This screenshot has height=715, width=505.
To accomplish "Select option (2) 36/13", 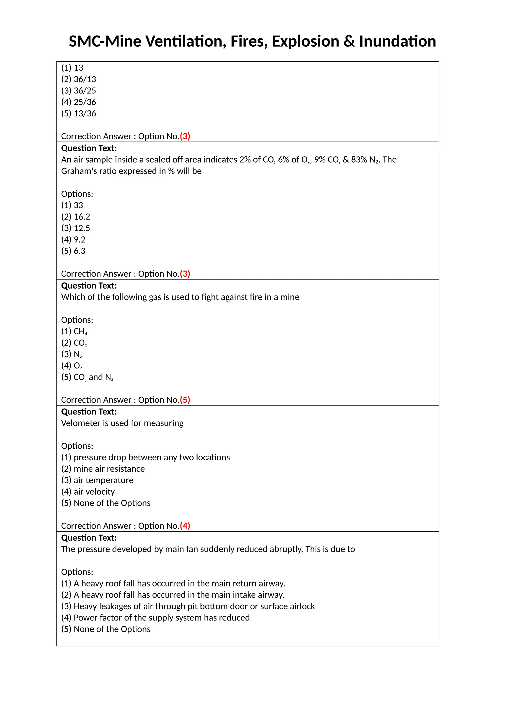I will click(78, 79).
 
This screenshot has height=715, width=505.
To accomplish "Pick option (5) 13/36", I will click(78, 113).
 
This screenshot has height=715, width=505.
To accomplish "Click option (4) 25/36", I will click(78, 102).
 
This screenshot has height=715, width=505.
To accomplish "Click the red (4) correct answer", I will click(185, 526).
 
